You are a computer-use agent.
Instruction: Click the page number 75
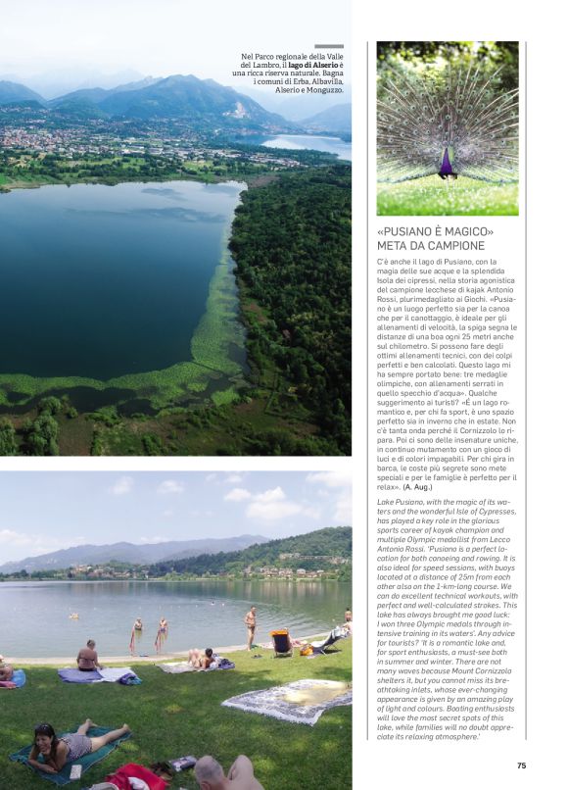point(521,765)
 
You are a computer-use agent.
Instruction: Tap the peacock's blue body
point(448,163)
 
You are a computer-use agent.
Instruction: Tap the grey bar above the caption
point(328,46)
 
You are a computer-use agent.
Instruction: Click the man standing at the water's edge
point(251,625)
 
